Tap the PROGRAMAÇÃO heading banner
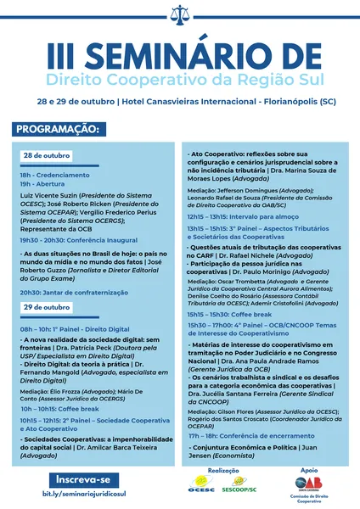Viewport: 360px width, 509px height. click(x=57, y=130)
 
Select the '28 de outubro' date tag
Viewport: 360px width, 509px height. click(x=46, y=157)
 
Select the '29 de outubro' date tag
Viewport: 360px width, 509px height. click(x=46, y=306)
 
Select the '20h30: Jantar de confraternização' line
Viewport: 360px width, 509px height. click(x=72, y=291)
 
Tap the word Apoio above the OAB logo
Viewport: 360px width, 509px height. click(x=307, y=469)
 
